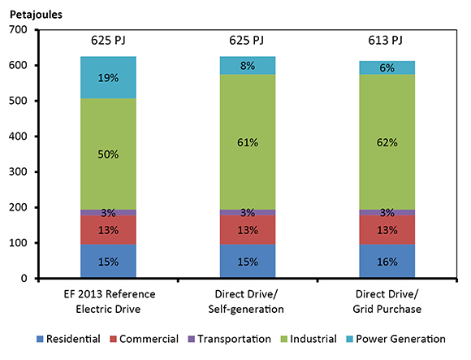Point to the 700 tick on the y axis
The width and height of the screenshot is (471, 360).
point(18,30)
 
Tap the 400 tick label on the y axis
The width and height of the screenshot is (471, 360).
point(18,137)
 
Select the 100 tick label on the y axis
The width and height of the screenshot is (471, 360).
point(18,243)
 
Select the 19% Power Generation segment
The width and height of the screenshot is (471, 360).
point(108,77)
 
